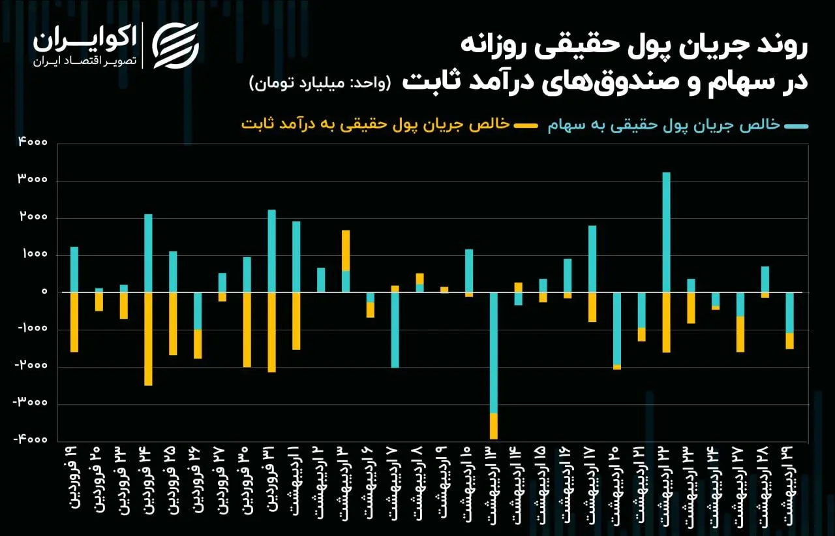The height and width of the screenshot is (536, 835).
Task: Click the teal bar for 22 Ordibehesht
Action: pos(666,232)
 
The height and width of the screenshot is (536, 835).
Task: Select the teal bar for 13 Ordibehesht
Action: pos(494,353)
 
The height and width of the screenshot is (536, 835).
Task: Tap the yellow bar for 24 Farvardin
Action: pos(148,338)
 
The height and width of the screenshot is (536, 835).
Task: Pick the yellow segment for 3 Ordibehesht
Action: pos(346,251)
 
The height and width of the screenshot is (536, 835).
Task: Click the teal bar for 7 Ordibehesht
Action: pos(395,330)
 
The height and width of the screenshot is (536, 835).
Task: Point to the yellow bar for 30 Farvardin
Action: pos(247,329)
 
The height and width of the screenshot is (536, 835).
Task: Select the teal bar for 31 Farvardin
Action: pos(271,251)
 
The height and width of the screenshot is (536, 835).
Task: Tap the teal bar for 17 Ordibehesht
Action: pos(592,259)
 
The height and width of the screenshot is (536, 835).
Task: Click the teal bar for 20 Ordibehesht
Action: pos(617,328)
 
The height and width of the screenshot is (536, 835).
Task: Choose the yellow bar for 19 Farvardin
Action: pos(74,322)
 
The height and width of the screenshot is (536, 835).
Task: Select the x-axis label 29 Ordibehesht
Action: pos(788,483)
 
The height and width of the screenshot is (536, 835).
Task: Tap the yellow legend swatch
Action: pos(525,125)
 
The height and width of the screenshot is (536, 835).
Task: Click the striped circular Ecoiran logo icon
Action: pos(175,45)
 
